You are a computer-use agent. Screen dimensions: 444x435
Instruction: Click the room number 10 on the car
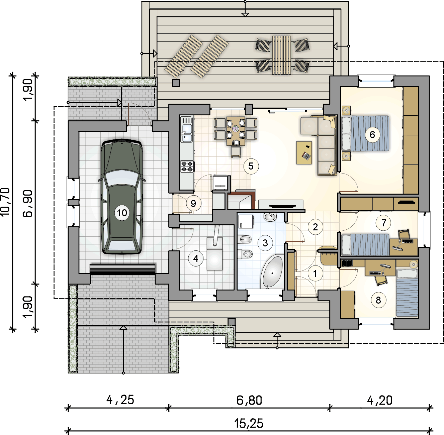(x=122, y=213)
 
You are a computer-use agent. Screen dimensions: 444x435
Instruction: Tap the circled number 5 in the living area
(x=251, y=166)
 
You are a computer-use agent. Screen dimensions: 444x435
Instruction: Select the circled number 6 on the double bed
(x=372, y=135)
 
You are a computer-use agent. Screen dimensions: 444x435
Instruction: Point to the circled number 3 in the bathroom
(x=265, y=243)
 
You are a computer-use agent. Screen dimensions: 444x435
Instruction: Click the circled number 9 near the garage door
(x=193, y=203)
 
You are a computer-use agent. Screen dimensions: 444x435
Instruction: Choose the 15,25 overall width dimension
(x=249, y=423)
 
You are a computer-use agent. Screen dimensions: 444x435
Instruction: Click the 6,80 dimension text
(x=249, y=400)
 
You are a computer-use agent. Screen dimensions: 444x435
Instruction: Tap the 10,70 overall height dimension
(x=5, y=202)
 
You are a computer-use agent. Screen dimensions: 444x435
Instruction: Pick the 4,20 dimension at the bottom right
(x=379, y=400)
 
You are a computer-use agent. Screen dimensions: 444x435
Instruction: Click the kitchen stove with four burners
(x=187, y=167)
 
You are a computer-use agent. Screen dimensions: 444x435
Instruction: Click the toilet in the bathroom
(x=245, y=254)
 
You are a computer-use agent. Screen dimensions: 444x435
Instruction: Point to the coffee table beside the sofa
(x=304, y=153)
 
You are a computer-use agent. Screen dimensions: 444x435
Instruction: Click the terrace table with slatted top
(x=281, y=55)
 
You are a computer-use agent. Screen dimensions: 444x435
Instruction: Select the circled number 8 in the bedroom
(x=378, y=300)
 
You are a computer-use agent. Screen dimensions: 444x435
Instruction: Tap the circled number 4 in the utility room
(x=196, y=258)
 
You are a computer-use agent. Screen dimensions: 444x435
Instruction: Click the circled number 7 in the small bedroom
(x=383, y=223)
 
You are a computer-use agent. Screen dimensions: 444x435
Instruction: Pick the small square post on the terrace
(x=176, y=83)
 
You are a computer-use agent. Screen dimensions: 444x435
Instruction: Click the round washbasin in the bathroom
(x=270, y=217)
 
